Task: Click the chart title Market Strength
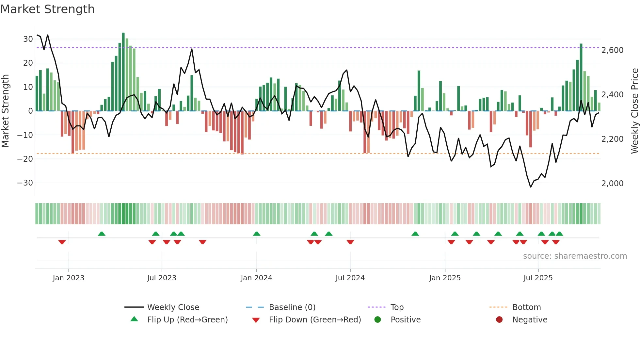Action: point(47,9)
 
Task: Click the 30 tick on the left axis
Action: point(28,39)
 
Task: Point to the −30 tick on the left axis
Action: point(25,183)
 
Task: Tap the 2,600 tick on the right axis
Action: point(612,50)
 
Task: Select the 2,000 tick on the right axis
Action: point(612,184)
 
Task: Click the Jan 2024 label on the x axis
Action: point(256,278)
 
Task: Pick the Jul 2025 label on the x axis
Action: point(538,278)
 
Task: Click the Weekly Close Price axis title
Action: point(634,111)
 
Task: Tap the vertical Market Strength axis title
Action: point(6,111)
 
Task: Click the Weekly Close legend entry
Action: point(173,307)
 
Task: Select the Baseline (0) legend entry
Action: point(292,307)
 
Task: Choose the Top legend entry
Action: point(397,307)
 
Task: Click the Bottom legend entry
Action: point(526,307)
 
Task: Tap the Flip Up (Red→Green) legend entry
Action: point(187,320)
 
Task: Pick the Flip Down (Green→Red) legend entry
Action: point(315,320)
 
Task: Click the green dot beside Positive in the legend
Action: point(377,320)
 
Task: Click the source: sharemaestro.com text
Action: point(575,256)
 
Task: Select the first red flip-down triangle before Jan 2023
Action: point(62,242)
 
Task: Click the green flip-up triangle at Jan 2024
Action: point(257,234)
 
